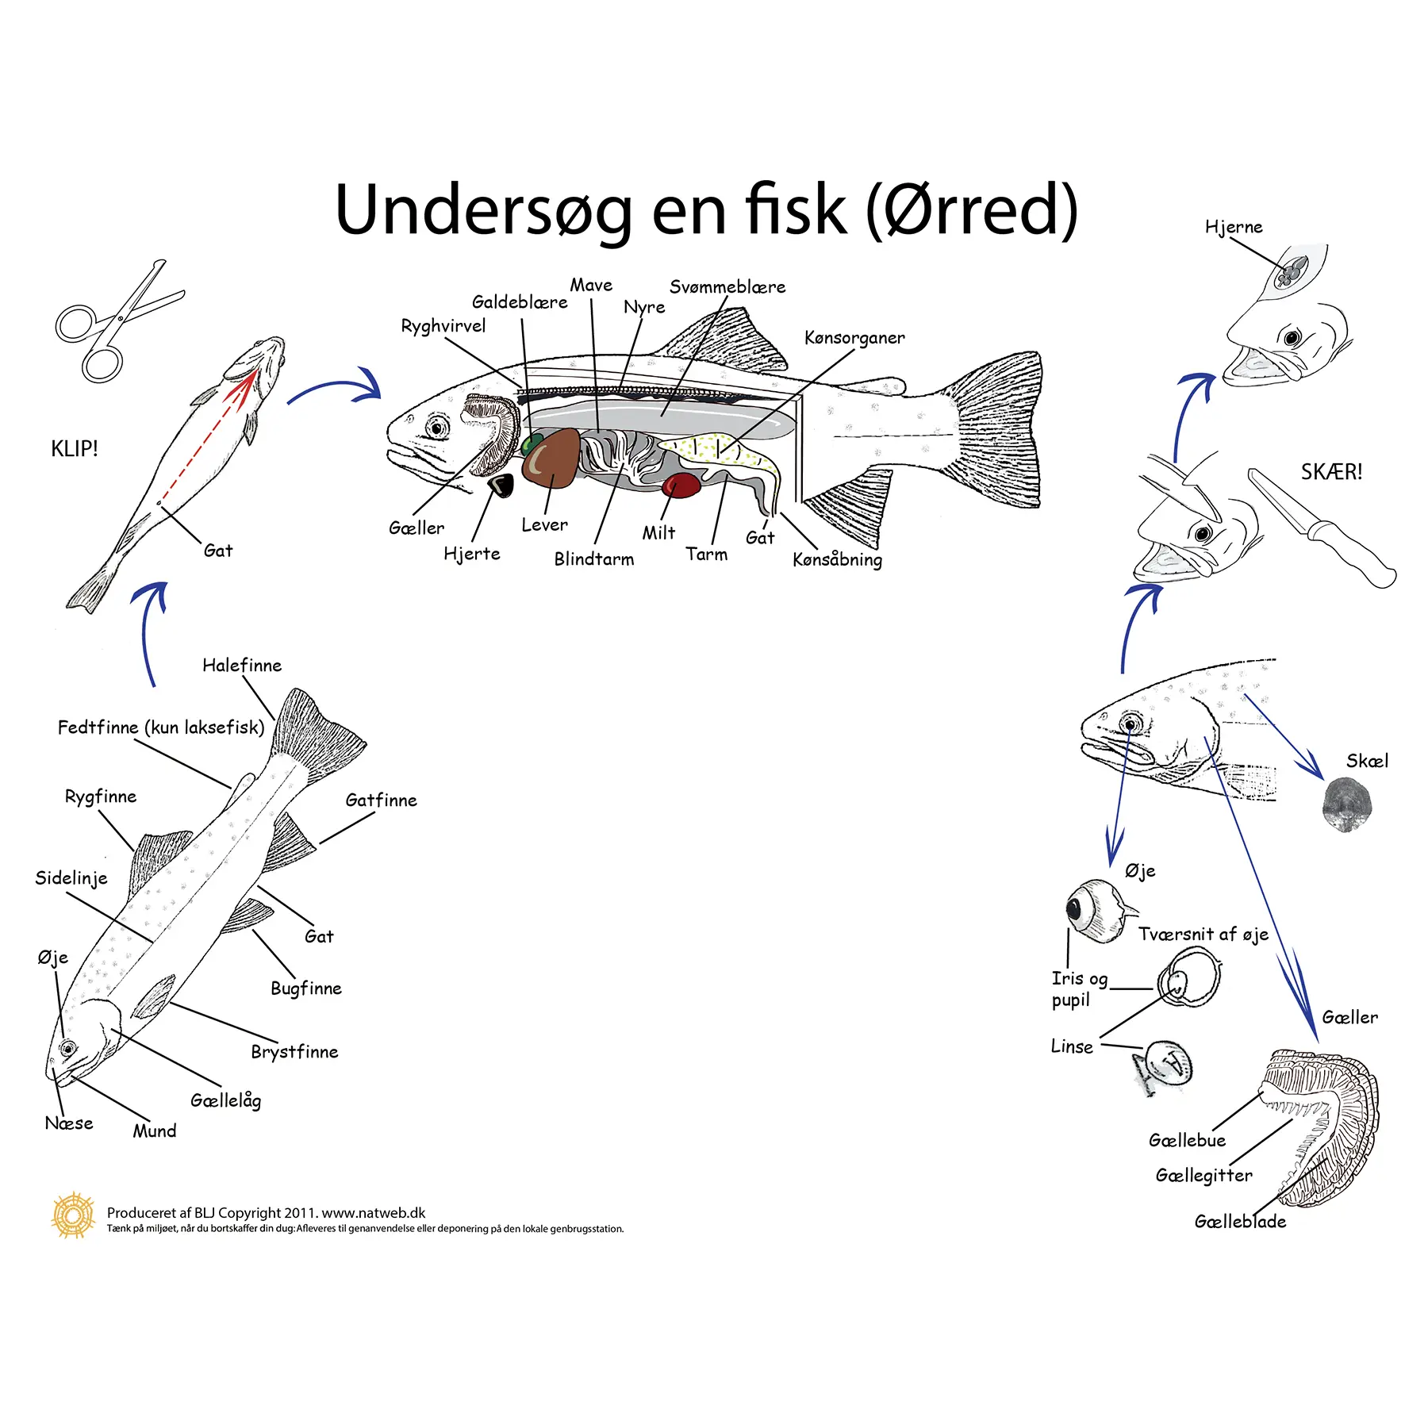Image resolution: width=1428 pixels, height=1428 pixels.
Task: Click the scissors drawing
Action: point(119,321)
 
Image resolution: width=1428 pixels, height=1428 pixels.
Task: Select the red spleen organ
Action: point(681,485)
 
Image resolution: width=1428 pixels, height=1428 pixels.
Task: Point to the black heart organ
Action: point(501,484)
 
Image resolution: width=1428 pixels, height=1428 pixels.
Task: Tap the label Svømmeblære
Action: point(727,287)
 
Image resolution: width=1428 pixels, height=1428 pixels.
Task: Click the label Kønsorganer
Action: point(854,338)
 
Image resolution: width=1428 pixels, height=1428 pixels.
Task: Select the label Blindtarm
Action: point(593,559)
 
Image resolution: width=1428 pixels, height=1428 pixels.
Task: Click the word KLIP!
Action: point(75,449)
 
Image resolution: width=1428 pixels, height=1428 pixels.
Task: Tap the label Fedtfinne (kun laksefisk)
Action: point(161,727)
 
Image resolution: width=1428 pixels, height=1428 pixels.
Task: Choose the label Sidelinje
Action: point(71,878)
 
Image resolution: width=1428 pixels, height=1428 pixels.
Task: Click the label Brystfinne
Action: point(294,1052)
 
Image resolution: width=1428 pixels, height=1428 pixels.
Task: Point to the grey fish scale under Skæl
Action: point(1346,804)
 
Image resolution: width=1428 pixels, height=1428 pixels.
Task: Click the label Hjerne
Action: point(1233,228)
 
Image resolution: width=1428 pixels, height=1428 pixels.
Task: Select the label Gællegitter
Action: point(1203,1176)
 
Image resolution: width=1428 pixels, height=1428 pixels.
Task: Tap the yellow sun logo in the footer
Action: point(73,1215)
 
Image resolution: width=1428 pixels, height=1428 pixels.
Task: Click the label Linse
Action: point(1071,1047)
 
